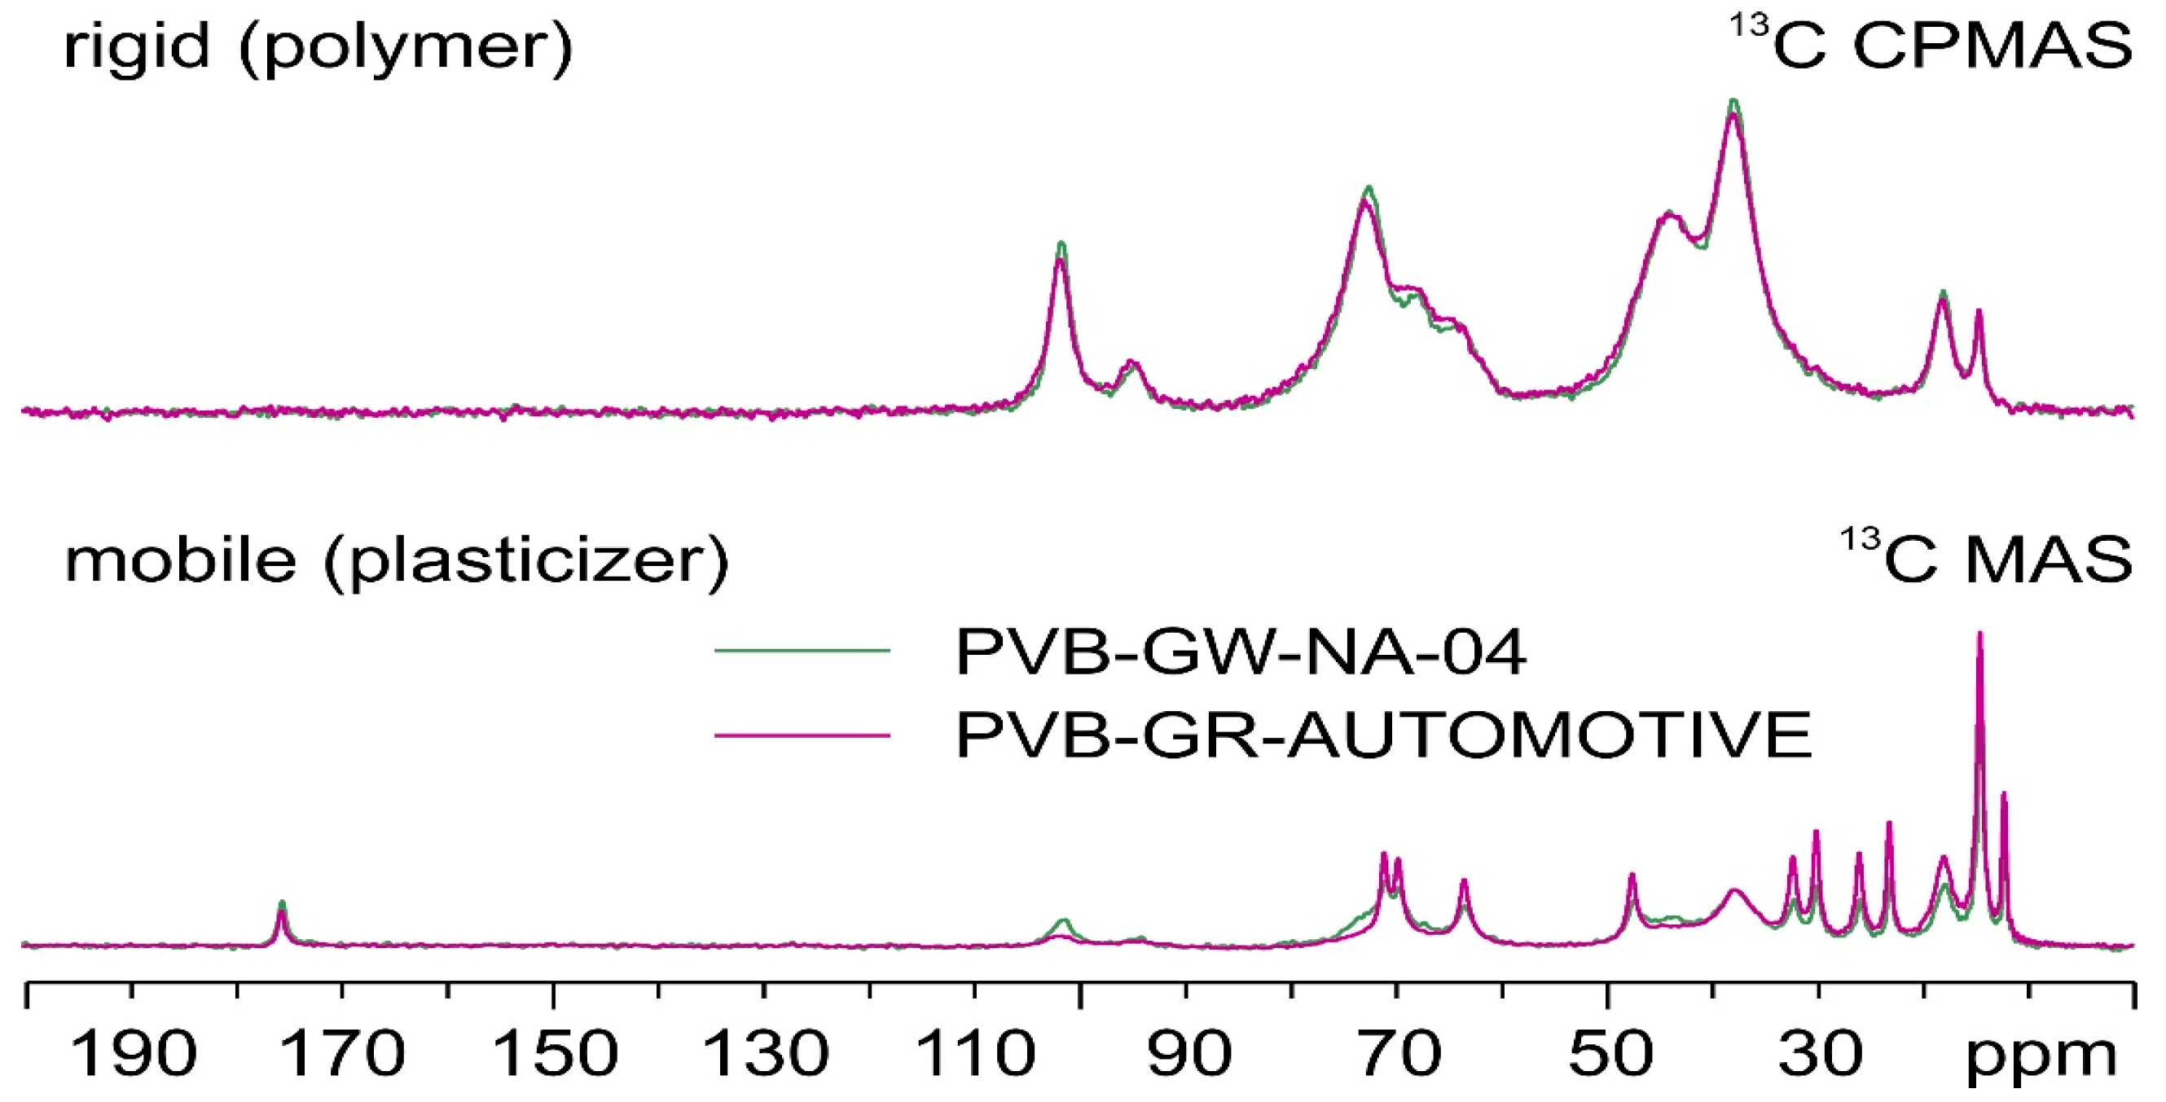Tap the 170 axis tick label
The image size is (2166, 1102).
click(x=343, y=1052)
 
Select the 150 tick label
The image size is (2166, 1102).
click(x=555, y=1052)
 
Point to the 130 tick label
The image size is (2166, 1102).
click(x=765, y=1052)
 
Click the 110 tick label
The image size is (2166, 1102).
click(x=975, y=1052)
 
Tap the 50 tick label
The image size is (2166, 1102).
click(x=1610, y=1052)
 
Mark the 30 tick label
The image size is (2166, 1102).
click(x=1821, y=1052)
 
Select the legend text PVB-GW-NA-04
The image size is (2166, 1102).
click(x=1241, y=652)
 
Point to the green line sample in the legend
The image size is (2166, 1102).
click(x=802, y=650)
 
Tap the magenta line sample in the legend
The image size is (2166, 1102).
click(x=802, y=735)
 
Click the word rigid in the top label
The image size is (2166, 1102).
click(x=136, y=46)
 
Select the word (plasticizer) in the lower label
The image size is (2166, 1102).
click(x=525, y=561)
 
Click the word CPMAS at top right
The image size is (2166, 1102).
click(x=1992, y=46)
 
